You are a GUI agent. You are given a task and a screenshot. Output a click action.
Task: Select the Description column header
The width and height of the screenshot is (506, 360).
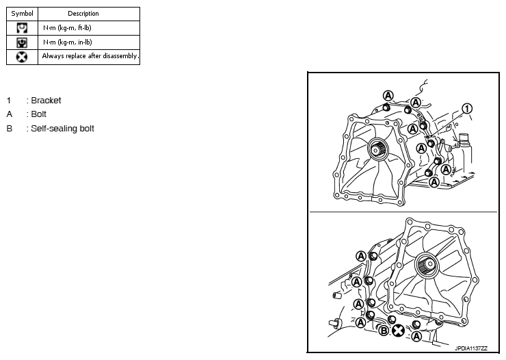click(x=83, y=13)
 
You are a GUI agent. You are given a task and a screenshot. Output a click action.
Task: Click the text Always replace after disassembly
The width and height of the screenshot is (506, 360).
click(x=90, y=57)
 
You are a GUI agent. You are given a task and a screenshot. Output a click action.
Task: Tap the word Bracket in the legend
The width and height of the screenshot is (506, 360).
click(x=46, y=101)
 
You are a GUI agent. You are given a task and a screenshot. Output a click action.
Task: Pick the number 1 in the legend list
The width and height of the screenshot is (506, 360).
click(x=9, y=101)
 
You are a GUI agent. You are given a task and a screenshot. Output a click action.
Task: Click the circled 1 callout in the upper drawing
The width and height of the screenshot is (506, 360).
click(x=467, y=108)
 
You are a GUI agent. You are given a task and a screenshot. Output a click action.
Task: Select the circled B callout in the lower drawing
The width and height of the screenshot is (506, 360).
click(x=384, y=331)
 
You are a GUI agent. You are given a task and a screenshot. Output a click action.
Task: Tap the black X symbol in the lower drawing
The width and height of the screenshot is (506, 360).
click(x=397, y=331)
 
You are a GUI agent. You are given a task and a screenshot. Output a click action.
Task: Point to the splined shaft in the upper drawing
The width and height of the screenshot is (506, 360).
click(x=375, y=147)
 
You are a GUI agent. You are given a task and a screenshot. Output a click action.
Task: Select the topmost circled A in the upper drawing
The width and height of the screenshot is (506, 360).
click(x=388, y=95)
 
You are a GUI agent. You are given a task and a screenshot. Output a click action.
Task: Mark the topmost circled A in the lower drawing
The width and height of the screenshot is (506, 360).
click(x=362, y=255)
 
